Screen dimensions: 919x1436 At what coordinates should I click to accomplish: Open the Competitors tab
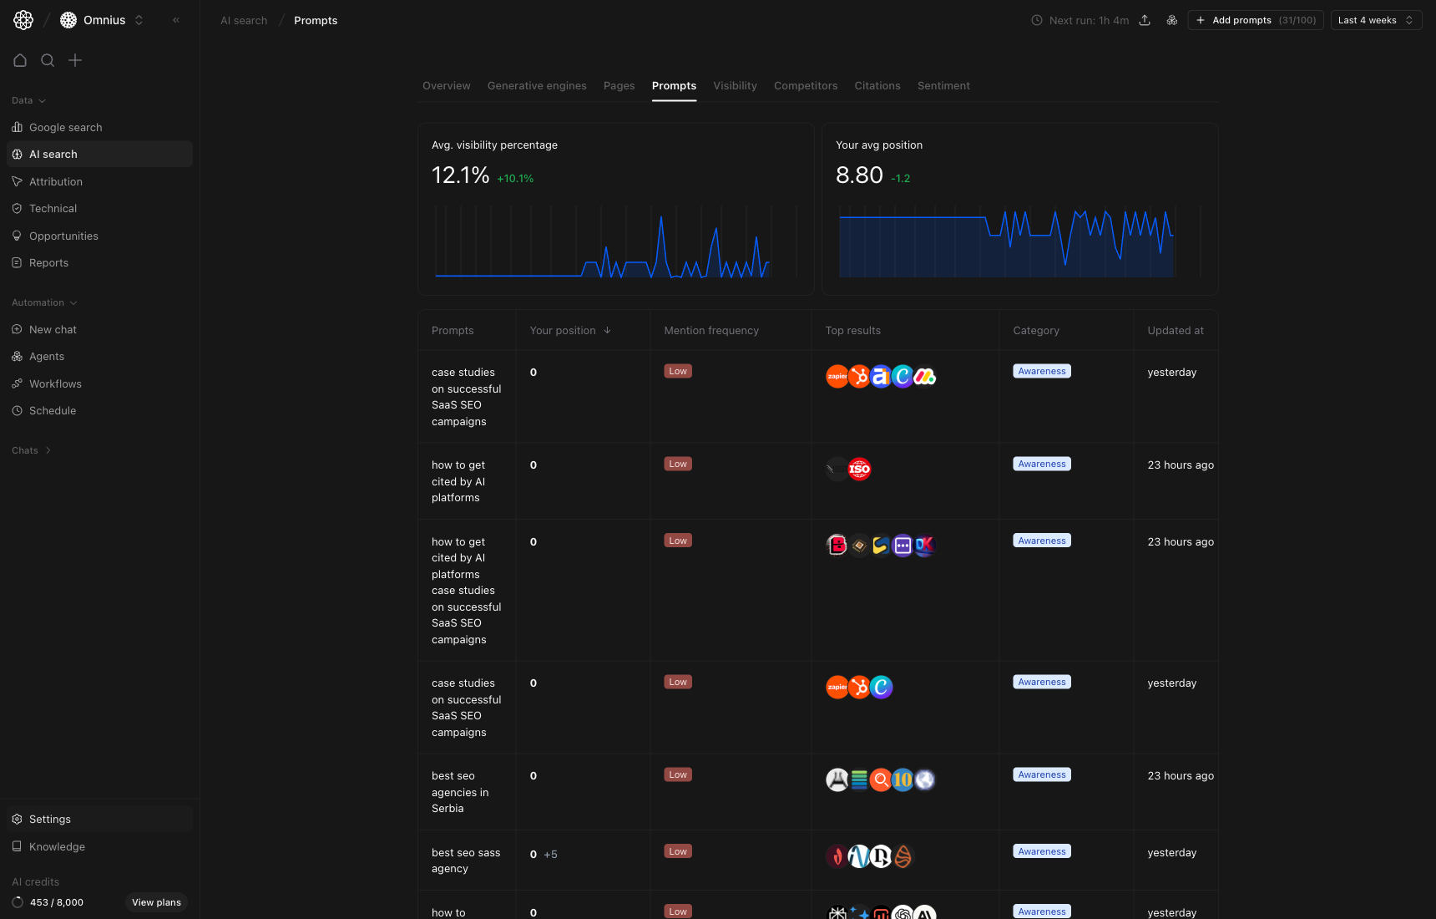click(x=805, y=86)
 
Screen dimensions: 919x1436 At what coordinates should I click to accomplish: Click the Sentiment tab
click(x=943, y=86)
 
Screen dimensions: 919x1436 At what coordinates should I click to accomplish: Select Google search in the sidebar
click(x=65, y=128)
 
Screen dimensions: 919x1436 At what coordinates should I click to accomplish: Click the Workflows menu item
click(x=55, y=384)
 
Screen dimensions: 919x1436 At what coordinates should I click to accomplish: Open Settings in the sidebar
click(x=50, y=820)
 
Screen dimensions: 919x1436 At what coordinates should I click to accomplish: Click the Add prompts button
click(x=1255, y=20)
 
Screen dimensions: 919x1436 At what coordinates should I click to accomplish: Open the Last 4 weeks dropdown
click(x=1375, y=20)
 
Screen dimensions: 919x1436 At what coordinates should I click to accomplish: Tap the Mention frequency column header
click(x=711, y=331)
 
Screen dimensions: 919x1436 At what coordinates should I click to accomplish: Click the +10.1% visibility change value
click(x=515, y=179)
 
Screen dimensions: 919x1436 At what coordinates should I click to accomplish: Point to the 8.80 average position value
click(x=859, y=175)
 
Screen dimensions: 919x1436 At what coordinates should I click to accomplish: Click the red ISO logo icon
click(x=859, y=470)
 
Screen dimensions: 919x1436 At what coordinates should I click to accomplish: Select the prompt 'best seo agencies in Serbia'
click(x=460, y=792)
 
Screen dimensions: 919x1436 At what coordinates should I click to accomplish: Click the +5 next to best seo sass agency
click(x=550, y=855)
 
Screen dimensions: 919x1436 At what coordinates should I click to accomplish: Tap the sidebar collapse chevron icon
click(x=176, y=20)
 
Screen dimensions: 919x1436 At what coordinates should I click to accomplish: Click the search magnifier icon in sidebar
click(x=48, y=60)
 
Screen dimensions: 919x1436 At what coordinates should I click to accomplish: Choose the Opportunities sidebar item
click(x=63, y=236)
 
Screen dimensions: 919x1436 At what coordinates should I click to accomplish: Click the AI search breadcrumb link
click(x=244, y=21)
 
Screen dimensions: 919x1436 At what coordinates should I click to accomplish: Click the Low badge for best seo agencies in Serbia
click(x=678, y=775)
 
